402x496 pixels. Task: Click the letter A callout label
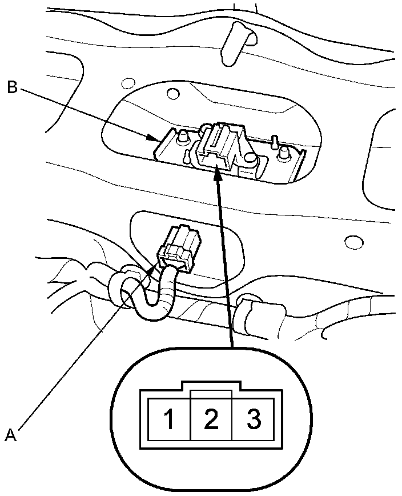pos(10,435)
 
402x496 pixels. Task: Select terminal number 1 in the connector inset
pos(169,420)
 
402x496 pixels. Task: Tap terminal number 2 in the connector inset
pos(211,420)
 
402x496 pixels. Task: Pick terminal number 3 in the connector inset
pos(254,420)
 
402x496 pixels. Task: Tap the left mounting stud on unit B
pos(184,138)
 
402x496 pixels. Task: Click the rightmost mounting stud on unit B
pos(282,152)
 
